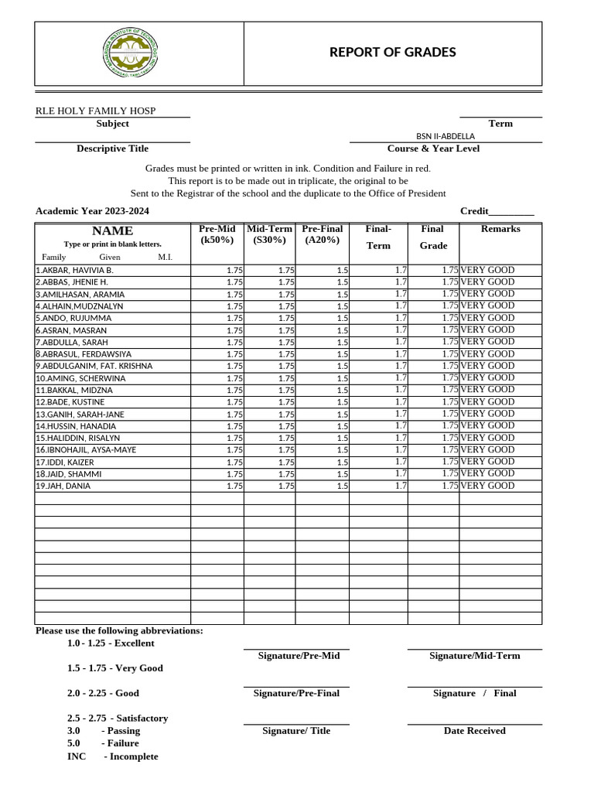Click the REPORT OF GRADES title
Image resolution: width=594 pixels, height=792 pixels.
[x=392, y=53]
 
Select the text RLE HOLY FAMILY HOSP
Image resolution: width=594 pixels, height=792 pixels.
[x=96, y=111]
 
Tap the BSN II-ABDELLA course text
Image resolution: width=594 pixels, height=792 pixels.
[x=445, y=136]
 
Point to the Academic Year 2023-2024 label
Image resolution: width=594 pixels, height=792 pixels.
[x=93, y=211]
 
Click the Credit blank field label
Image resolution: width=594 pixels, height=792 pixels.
[x=497, y=211]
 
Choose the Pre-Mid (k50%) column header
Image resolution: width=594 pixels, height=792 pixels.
[x=217, y=234]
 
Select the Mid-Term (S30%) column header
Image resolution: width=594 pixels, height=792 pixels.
[x=269, y=234]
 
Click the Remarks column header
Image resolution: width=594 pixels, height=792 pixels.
[x=500, y=229]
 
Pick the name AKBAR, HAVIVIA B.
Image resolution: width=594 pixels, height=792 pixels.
[x=75, y=271]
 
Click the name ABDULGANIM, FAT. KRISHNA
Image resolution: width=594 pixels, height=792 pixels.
[x=94, y=366]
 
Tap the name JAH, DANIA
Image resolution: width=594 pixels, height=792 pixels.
[x=63, y=486]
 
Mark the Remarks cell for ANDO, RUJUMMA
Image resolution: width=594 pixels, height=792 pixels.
[x=487, y=318]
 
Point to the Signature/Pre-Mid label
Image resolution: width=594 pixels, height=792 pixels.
[x=299, y=656]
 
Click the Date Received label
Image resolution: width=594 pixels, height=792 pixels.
[x=474, y=731]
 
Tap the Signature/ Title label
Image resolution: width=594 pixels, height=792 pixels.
[x=296, y=731]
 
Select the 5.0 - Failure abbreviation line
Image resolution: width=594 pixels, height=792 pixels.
[x=103, y=743]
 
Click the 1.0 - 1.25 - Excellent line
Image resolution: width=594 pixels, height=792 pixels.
[x=111, y=643]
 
